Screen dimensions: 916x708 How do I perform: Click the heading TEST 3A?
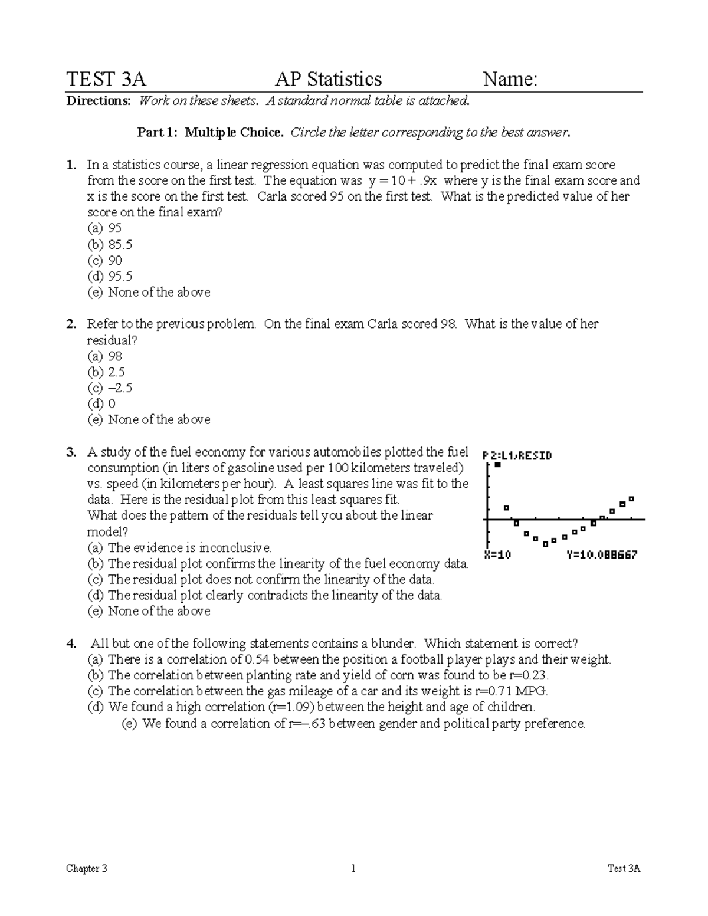tap(106, 79)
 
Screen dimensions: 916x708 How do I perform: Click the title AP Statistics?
tap(328, 79)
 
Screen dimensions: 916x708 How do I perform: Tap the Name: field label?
tap(510, 79)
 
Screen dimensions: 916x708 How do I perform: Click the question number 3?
tap(71, 452)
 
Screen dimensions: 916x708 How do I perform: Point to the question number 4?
tap(71, 644)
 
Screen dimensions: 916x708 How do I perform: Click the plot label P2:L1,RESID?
tap(517, 455)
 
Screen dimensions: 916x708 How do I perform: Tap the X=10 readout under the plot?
tap(497, 555)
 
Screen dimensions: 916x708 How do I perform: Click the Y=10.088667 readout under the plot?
tap(601, 555)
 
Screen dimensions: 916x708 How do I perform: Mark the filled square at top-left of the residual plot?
tap(497, 465)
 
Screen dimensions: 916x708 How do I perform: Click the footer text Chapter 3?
tap(87, 868)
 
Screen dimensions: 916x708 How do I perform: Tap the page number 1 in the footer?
tap(353, 868)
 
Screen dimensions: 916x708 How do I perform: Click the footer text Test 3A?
tap(624, 868)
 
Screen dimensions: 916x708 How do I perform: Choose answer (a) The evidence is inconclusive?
tap(179, 547)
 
